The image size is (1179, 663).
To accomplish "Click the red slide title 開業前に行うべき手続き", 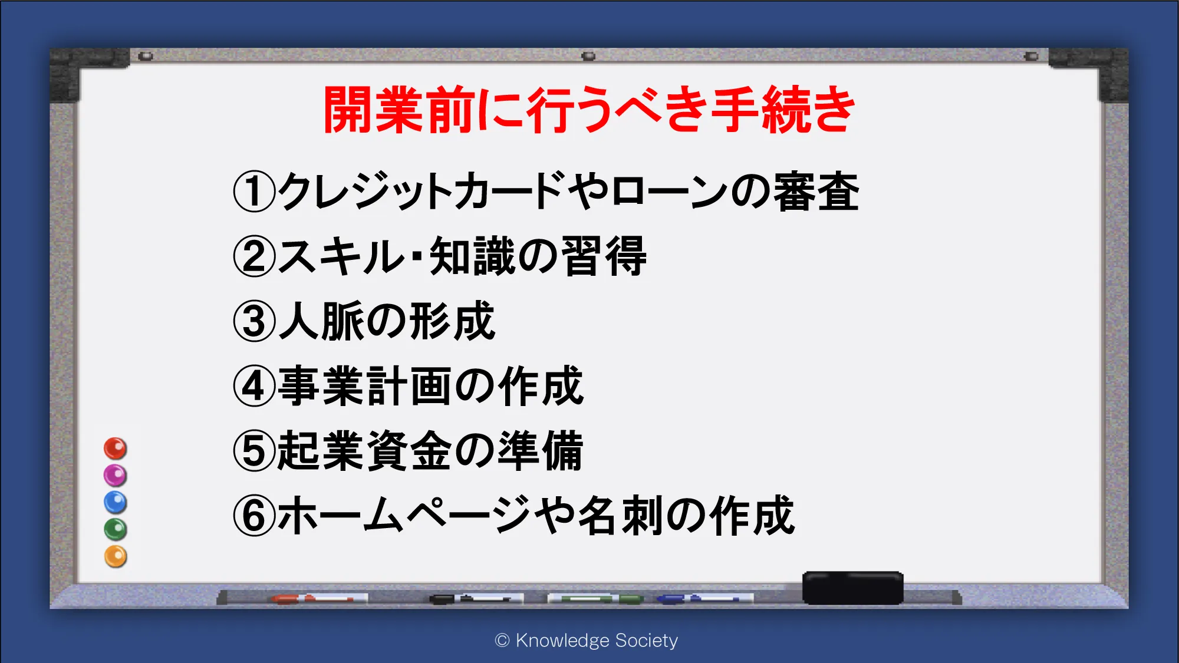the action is [589, 110].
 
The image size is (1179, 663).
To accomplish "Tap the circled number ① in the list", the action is [255, 192].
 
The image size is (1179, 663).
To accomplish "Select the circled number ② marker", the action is [255, 256].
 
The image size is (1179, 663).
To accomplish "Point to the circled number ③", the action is [255, 321].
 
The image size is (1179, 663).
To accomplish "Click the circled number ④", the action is [255, 386].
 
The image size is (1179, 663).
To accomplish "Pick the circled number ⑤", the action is [255, 451].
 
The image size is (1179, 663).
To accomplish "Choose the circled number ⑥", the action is [255, 516].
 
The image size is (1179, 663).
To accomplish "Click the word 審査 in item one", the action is [816, 192].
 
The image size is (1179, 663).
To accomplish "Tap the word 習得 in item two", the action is [604, 256].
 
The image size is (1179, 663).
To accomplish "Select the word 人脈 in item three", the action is [321, 321].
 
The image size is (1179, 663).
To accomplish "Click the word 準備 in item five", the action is [540, 451].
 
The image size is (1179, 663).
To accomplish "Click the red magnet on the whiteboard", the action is [116, 448].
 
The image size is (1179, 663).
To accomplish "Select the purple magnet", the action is [116, 476].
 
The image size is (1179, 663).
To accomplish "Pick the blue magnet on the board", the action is [116, 503].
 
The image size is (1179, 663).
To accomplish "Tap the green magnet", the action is [116, 530].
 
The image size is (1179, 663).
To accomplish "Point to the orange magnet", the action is [116, 557].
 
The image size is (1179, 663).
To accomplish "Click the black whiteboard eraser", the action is [853, 588].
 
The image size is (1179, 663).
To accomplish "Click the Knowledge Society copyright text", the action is [587, 641].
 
